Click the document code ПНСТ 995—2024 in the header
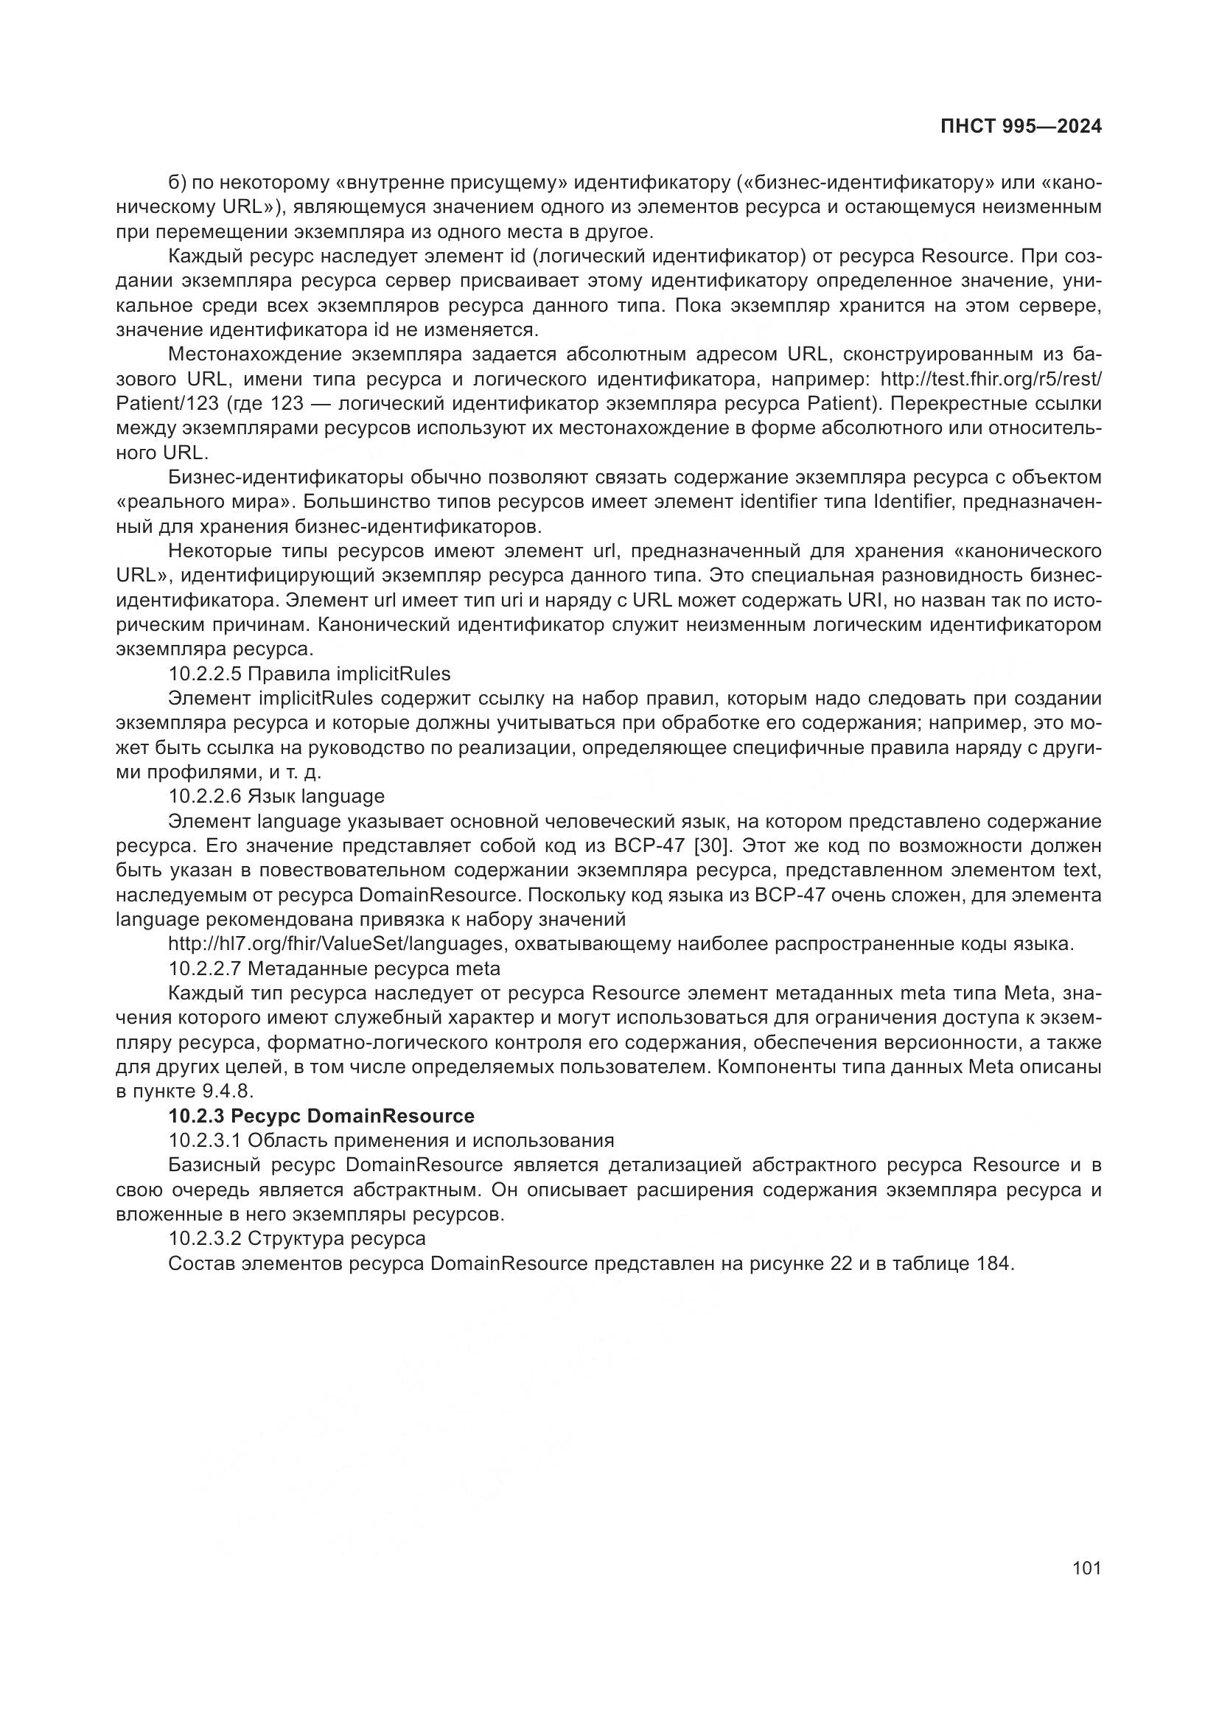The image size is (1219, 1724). coord(1021,127)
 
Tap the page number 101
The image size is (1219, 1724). coord(1086,1568)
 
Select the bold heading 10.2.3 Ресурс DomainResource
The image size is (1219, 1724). coord(321,1116)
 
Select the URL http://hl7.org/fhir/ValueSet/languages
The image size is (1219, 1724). coord(335,944)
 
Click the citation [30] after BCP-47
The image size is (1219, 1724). coord(713,845)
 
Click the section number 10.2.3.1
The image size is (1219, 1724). coord(204,1140)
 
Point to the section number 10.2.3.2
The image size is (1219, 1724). coord(204,1238)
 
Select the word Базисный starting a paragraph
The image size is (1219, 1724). coord(214,1165)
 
